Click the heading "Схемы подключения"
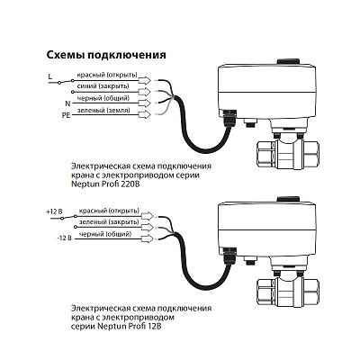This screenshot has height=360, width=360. [106, 55]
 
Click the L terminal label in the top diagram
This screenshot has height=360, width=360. [50, 76]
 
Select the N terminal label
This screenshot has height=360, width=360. [67, 103]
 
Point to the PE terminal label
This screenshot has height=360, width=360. [66, 115]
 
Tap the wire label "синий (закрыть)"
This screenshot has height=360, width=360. [103, 86]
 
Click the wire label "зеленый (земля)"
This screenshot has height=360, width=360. [103, 111]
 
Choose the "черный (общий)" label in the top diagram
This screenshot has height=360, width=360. [103, 98]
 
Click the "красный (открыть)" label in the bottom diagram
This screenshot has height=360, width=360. [109, 211]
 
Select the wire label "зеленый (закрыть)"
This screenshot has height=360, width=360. [109, 222]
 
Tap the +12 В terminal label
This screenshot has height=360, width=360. [54, 211]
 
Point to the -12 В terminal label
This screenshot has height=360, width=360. [64, 239]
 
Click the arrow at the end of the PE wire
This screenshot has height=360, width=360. [145, 114]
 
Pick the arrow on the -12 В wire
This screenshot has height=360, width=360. [147, 238]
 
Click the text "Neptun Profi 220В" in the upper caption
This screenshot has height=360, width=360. [105, 184]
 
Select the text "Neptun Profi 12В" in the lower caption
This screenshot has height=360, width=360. [130, 326]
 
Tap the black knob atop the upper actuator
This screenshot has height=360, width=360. [288, 61]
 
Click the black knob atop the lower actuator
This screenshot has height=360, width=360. [288, 199]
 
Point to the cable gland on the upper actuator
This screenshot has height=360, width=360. [229, 118]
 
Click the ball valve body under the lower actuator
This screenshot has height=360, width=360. [288, 289]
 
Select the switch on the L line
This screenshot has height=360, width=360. [66, 82]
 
